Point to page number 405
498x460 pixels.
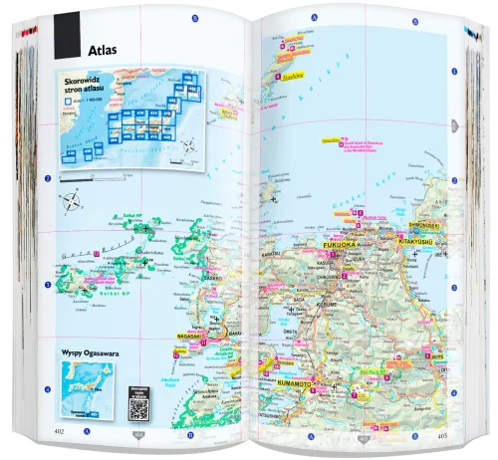pos(445,433)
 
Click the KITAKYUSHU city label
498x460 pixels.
pos(419,240)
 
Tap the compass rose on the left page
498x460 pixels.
pos(73,206)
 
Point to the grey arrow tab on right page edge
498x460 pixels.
pos(453,125)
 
